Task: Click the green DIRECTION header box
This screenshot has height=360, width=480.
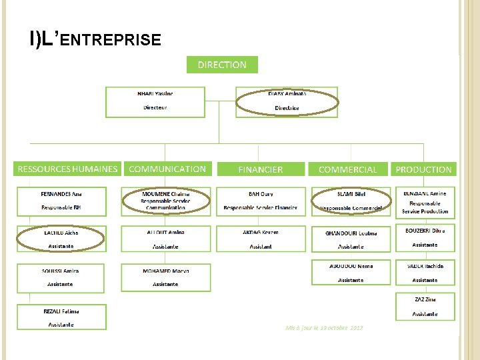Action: click(222, 65)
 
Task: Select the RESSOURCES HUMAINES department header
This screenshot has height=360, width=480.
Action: click(67, 169)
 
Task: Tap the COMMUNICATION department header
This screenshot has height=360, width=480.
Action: click(167, 169)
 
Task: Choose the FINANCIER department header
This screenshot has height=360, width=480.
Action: click(261, 169)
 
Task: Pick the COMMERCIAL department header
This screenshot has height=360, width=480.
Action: click(347, 169)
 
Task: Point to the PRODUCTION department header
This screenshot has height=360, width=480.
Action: click(423, 169)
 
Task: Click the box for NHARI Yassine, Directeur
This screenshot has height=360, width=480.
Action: click(155, 101)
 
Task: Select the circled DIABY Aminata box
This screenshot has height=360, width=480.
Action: click(287, 101)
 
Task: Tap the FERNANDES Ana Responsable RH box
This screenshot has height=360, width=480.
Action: click(62, 201)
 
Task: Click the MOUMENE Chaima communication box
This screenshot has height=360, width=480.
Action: click(165, 201)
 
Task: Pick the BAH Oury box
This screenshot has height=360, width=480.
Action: click(261, 201)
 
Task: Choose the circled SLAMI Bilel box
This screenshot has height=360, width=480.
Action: click(351, 201)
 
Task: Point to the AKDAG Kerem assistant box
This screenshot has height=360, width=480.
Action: click(261, 239)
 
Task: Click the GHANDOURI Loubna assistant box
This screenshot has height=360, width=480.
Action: click(351, 239)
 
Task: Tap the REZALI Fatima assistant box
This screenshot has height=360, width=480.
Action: click(62, 317)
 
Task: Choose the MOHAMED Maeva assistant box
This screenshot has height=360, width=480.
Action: click(165, 277)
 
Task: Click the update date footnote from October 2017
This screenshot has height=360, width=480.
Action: click(324, 328)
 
